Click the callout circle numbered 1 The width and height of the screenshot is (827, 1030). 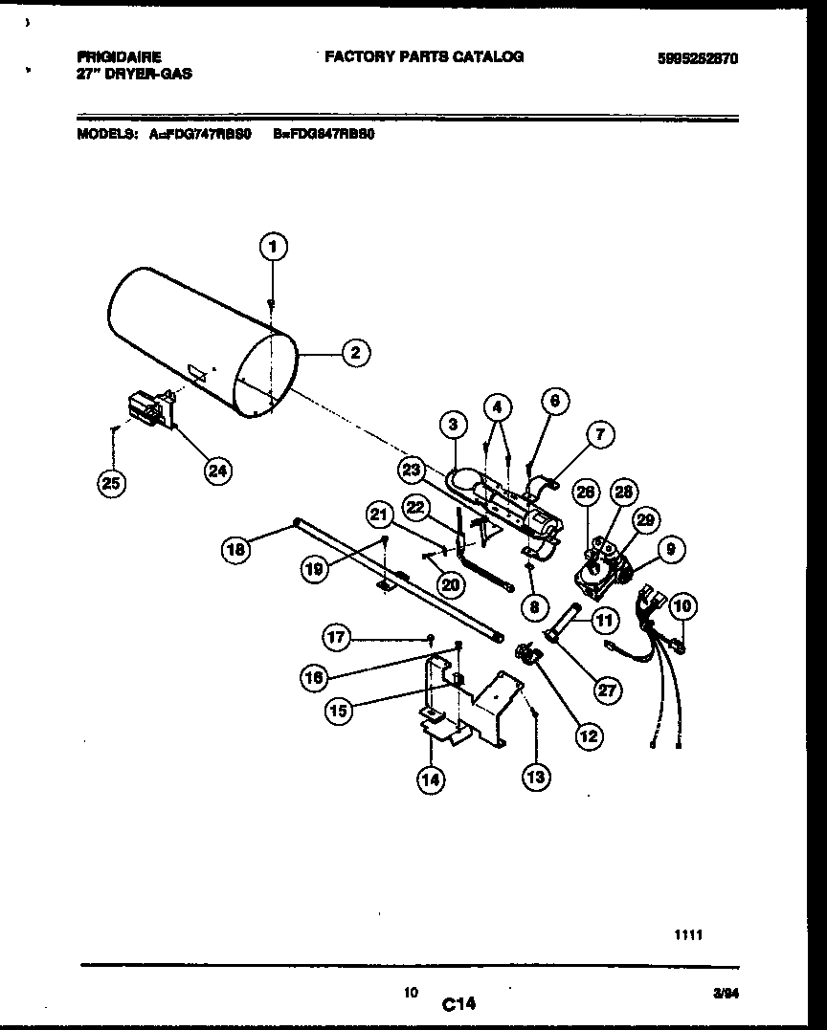tap(273, 248)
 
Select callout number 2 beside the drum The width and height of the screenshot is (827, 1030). tap(355, 352)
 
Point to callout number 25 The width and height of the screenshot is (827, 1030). tap(112, 485)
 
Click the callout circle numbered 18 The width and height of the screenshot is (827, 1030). tap(236, 549)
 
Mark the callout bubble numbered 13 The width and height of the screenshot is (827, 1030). tap(535, 778)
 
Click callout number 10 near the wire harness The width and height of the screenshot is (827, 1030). tap(683, 605)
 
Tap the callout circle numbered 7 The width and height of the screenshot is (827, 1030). tap(599, 435)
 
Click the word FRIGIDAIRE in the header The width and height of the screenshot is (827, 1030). tap(120, 57)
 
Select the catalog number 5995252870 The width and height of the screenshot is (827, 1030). tap(698, 58)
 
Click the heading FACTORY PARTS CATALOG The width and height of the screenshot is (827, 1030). tap(424, 57)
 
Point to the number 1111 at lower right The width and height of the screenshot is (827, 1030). tap(689, 936)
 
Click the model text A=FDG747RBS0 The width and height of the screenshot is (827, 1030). tap(200, 135)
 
